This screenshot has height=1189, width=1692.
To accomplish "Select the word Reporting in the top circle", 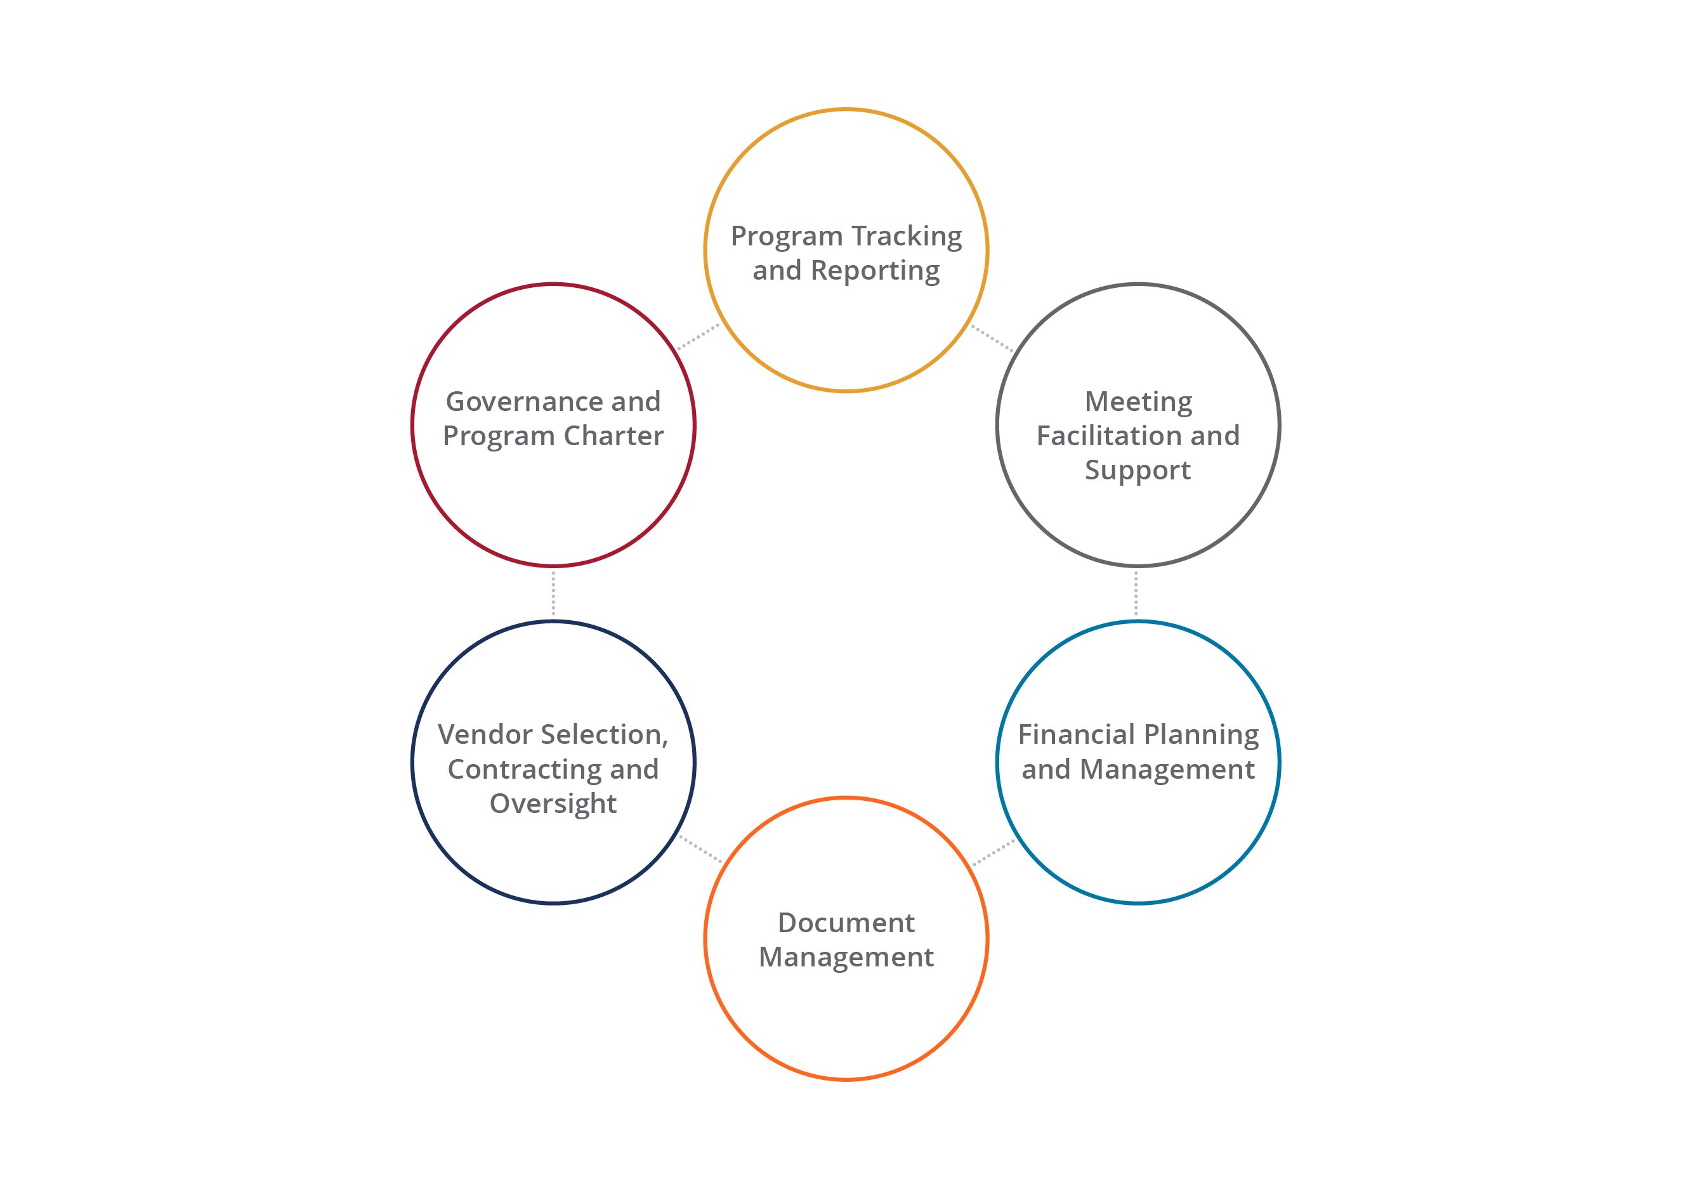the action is coord(875,271).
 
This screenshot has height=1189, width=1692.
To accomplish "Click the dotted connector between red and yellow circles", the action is coord(698,336).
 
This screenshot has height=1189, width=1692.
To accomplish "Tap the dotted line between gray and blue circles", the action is coord(1136,594).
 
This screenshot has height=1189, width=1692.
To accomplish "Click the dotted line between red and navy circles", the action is coord(553,594).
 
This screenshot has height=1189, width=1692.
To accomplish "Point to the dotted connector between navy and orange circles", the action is coord(700,848).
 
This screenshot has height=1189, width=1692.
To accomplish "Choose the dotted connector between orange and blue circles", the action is coord(994,853).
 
